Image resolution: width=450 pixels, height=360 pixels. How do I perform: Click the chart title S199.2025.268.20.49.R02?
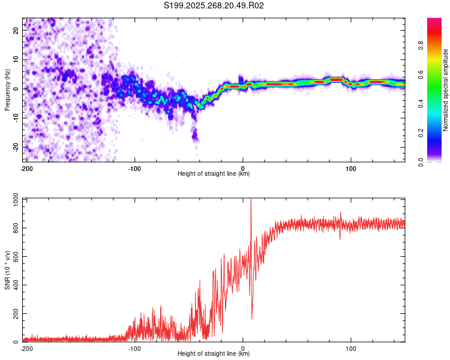click(x=214, y=5)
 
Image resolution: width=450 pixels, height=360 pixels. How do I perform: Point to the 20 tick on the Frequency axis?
click(x=16, y=31)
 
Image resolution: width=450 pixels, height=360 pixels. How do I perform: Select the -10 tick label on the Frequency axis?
click(x=16, y=118)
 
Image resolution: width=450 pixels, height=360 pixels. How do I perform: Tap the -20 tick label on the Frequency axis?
click(x=16, y=147)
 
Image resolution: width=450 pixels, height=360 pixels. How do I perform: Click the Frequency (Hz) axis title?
click(x=7, y=90)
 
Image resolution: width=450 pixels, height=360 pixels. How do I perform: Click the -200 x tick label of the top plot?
click(x=26, y=169)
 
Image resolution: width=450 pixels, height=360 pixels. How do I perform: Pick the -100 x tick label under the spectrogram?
click(x=134, y=169)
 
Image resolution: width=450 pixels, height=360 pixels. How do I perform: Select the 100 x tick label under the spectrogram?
click(x=351, y=169)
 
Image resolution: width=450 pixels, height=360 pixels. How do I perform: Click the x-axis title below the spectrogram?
click(x=214, y=173)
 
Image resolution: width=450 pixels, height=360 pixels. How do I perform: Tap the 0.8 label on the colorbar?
click(x=421, y=46)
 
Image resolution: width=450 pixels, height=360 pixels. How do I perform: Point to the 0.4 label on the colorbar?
click(x=421, y=104)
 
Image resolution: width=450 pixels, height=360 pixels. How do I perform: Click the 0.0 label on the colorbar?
click(x=421, y=162)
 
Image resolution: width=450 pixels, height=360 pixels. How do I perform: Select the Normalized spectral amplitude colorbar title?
click(x=445, y=90)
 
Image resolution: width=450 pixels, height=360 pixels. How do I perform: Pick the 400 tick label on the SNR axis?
click(x=16, y=285)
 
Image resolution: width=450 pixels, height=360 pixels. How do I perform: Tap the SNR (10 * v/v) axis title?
click(x=7, y=270)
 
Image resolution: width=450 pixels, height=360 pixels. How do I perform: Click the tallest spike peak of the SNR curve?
click(x=251, y=199)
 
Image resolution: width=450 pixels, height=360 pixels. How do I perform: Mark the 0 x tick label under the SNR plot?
click(x=243, y=349)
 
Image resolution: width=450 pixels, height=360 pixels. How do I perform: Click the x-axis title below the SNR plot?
click(x=214, y=353)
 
